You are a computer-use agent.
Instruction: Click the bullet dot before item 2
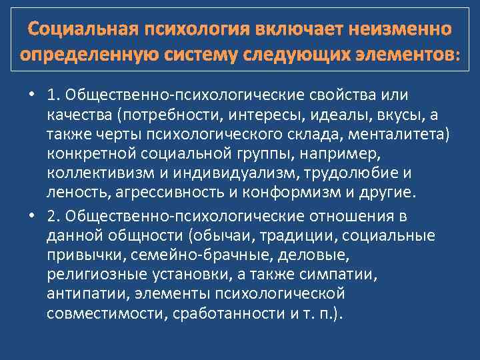tap(31, 217)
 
